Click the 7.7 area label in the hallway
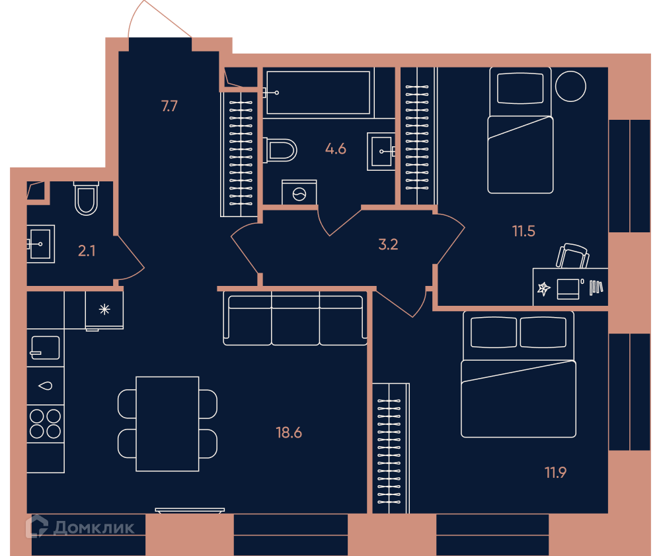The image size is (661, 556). tap(169, 106)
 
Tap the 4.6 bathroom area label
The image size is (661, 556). tap(336, 149)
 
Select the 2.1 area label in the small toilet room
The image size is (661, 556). tap(87, 251)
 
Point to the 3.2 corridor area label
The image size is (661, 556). tap(388, 244)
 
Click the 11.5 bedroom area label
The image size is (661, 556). tap(524, 232)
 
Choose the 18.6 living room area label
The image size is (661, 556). tap(289, 433)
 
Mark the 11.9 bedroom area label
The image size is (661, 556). tap(556, 473)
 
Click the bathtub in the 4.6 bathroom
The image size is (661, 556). tap(319, 93)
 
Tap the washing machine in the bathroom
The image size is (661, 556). tap(299, 193)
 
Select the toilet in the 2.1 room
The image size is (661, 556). tap(86, 199)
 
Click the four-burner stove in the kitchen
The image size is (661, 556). tap(46, 424)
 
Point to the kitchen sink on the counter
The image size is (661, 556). tap(45, 348)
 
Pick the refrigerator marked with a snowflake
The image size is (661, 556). tap(104, 310)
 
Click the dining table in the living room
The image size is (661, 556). tap(167, 424)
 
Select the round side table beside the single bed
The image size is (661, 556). tap(570, 86)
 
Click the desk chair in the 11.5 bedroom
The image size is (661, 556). tap(572, 256)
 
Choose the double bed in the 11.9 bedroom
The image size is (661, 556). tap(518, 375)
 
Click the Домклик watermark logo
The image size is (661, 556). tap(80, 527)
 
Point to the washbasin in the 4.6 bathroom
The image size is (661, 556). tap(381, 152)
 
